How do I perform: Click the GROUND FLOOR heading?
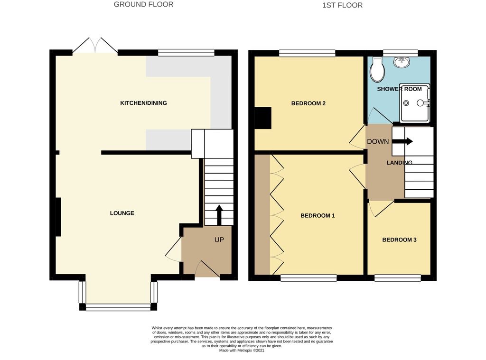coord(143,5)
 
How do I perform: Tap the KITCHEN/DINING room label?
coord(143,103)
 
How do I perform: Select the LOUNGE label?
coord(122,213)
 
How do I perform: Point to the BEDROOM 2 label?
coord(308,103)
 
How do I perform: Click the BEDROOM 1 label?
coord(318,216)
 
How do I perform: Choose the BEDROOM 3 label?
coord(399,240)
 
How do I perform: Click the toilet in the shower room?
coord(378,69)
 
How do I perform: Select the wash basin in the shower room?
coord(402,62)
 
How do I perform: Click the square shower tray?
coord(414,102)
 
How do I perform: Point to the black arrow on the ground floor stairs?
coord(219,215)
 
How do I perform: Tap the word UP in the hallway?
coord(219,240)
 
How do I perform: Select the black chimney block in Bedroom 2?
coord(263,118)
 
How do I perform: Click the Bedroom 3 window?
coord(397,278)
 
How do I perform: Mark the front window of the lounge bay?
coord(118,307)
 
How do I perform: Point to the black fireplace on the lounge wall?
coord(58,217)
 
